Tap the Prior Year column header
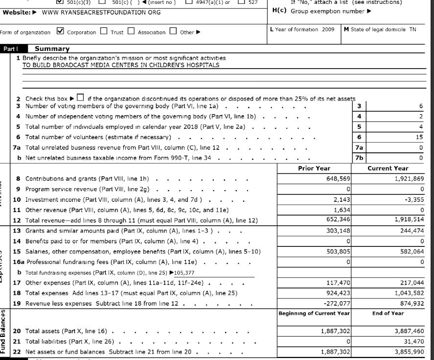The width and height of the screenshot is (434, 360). tap(314, 168)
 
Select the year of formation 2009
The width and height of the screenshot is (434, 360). tap(327, 29)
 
